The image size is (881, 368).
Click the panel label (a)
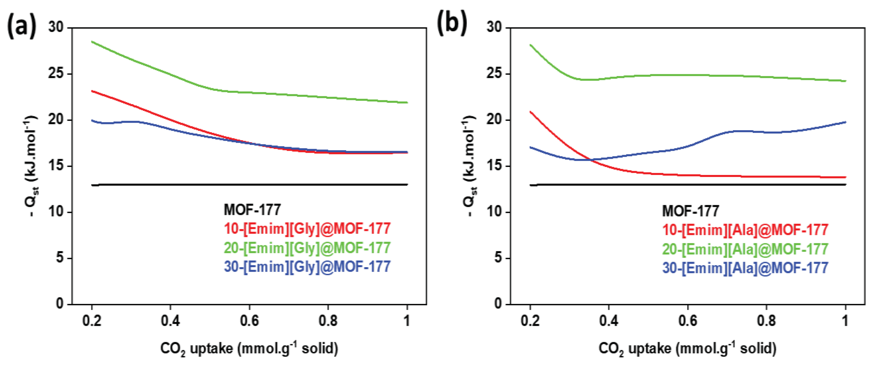21,27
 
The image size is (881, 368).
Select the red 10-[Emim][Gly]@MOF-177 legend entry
307,229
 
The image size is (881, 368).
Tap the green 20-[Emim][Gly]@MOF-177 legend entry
307,248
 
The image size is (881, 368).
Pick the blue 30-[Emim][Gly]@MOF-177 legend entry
307,267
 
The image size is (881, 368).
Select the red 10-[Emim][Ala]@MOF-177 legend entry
745,230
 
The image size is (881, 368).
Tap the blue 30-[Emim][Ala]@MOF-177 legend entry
745,268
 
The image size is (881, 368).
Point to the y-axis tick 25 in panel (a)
56,74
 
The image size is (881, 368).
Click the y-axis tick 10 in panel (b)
494,212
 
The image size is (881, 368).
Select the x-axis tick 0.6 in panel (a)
249,321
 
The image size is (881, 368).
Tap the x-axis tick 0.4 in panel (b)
608,321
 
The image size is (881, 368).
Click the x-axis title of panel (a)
249,349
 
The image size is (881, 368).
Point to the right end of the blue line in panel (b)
845,122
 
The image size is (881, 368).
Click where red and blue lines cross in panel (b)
591,159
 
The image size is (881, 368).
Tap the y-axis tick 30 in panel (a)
56,27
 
